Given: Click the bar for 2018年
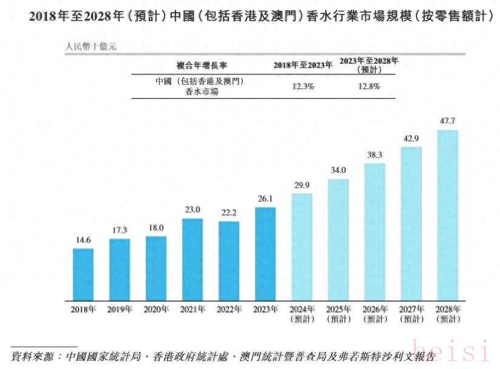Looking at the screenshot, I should pos(83,274).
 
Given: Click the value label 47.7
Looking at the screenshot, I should pos(448,121).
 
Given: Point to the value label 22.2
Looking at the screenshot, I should pos(229,213).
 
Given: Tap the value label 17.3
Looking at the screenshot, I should pos(120,231).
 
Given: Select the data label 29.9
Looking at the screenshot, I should pos(302,186).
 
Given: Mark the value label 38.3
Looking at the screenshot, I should pos(375,155).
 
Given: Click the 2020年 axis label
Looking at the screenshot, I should pos(156,310).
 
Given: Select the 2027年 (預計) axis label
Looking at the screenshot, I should pos(411,314).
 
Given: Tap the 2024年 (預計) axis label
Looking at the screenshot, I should pos(302,314).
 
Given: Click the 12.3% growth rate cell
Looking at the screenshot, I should pos(303,86).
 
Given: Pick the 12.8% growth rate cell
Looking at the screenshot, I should pos(368,86).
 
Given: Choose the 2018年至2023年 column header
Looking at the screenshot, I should pos(303,65).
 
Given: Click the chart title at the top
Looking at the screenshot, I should pos(250,16).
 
